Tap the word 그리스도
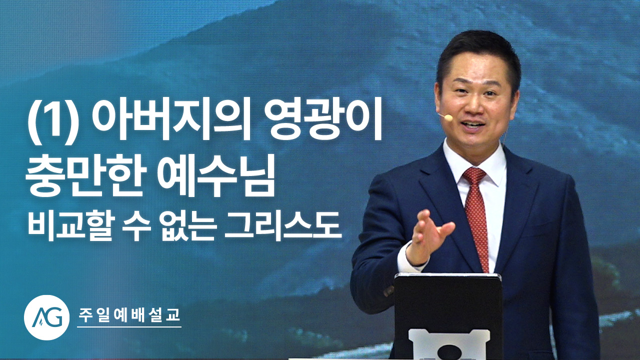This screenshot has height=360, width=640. (x=283, y=225)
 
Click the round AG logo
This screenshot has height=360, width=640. (x=46, y=317)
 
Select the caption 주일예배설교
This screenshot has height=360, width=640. (x=129, y=315)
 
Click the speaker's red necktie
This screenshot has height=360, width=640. (x=476, y=217)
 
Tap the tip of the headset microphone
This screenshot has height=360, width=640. (x=449, y=117)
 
